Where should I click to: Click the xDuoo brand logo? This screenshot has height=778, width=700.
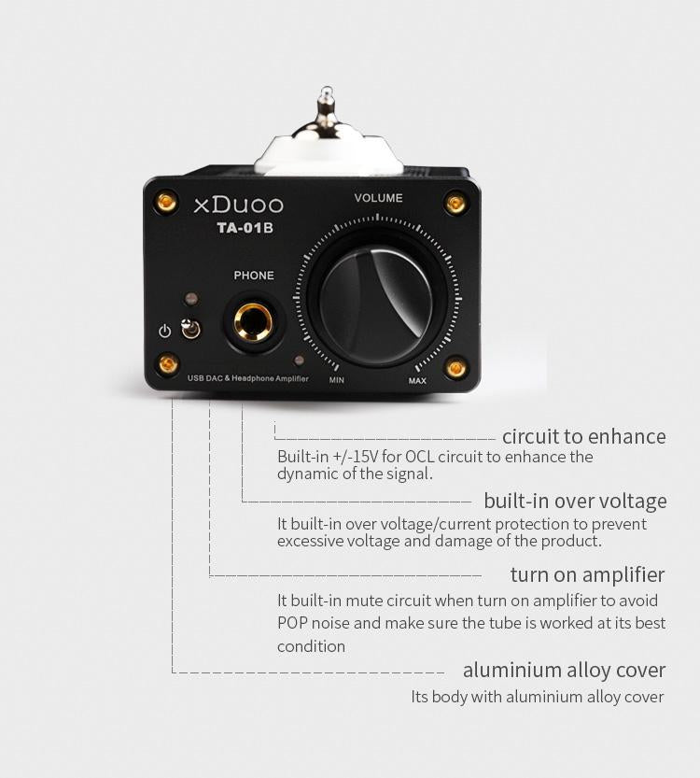click(x=237, y=205)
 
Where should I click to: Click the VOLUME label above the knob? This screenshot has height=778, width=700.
click(x=378, y=198)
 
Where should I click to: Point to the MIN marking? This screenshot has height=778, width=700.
click(x=337, y=380)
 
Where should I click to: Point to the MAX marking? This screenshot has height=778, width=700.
click(x=417, y=380)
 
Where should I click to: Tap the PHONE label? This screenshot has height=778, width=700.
click(x=254, y=276)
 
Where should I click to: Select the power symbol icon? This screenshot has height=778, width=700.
click(x=165, y=332)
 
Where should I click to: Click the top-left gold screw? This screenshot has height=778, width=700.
click(x=168, y=201)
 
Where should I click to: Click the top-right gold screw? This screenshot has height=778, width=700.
click(x=455, y=202)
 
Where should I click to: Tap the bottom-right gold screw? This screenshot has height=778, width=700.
click(x=455, y=366)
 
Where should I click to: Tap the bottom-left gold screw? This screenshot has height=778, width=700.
click(x=168, y=364)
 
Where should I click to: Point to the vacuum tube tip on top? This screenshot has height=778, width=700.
click(x=324, y=98)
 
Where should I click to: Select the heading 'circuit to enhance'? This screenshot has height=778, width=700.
click(x=583, y=436)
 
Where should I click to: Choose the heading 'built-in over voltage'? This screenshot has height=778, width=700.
click(x=575, y=501)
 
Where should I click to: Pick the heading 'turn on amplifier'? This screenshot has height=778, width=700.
click(x=587, y=573)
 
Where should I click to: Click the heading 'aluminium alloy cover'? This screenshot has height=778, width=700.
click(x=564, y=670)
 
